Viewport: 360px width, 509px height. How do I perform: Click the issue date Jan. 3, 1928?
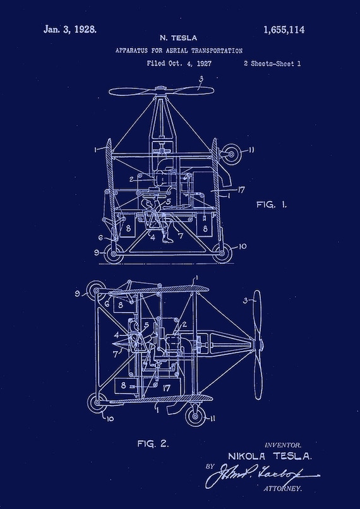point(70,29)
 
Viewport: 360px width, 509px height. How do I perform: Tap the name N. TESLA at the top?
point(179,39)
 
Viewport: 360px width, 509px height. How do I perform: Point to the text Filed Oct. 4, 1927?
point(179,64)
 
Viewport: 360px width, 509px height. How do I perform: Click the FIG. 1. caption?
point(271,205)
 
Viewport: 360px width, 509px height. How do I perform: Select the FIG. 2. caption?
point(153,443)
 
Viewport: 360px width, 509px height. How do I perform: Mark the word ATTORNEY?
point(283,489)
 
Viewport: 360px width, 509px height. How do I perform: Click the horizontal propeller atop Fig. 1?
point(161,92)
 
